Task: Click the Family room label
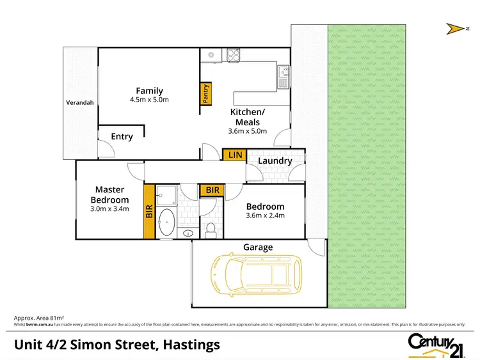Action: pos(149,91)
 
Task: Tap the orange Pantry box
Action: pos(206,94)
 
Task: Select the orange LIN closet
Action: pos(234,155)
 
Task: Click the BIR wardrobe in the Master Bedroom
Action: pos(149,212)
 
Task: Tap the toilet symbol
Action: pos(211,228)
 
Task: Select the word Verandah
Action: pos(80,102)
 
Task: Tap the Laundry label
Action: pos(276,161)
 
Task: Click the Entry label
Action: pos(122,136)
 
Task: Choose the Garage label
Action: pos(258,247)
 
